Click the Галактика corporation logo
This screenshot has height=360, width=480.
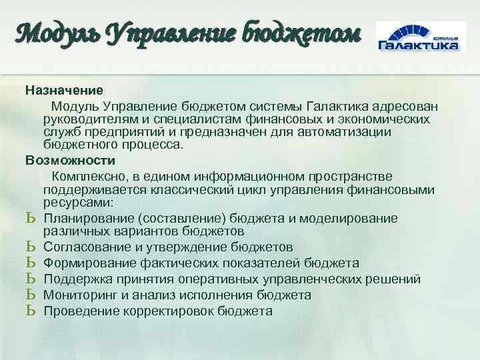[x=418, y=38]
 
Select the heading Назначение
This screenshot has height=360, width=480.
[x=64, y=89]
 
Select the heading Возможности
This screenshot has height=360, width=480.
[x=70, y=161]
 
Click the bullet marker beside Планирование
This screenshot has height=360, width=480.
[x=30, y=219]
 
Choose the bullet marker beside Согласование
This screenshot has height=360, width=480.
[x=30, y=247]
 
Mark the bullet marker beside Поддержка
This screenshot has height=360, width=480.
[x=30, y=279]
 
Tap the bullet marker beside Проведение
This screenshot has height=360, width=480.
[x=30, y=311]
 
